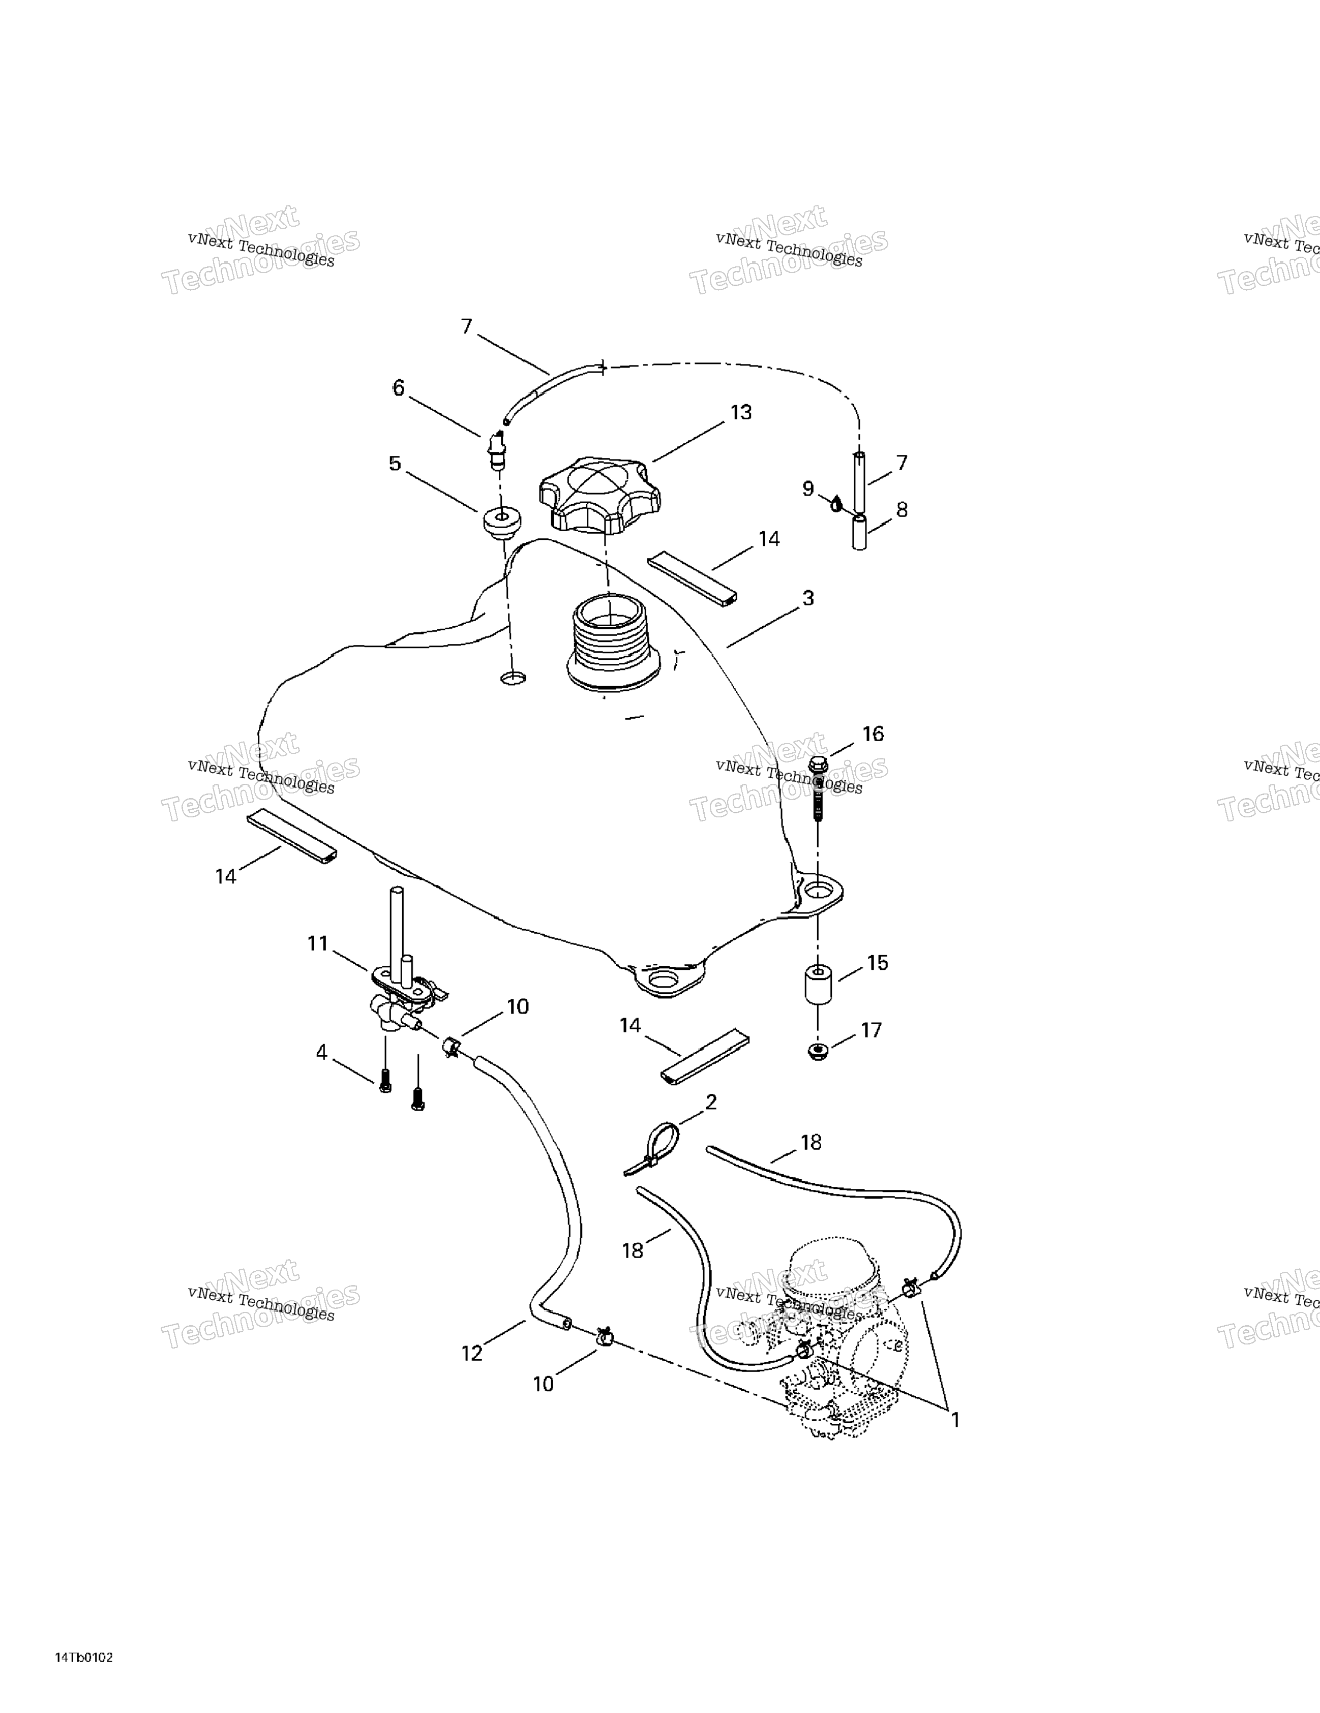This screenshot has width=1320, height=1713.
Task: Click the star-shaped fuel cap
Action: coord(599,492)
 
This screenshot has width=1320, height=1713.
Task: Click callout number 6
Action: coord(399,388)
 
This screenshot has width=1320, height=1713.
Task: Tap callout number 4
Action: coord(321,1053)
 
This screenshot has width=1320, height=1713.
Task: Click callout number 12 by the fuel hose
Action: coord(472,1353)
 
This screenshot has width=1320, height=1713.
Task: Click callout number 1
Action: coord(955,1420)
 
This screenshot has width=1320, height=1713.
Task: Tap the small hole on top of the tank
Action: coord(513,677)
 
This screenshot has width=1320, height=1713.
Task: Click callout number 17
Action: coord(871,1030)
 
